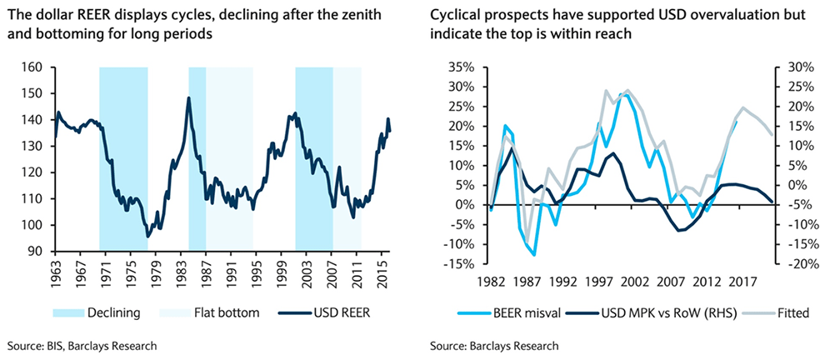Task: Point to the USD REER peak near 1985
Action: (x=189, y=97)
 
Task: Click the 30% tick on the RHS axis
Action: (x=789, y=67)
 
